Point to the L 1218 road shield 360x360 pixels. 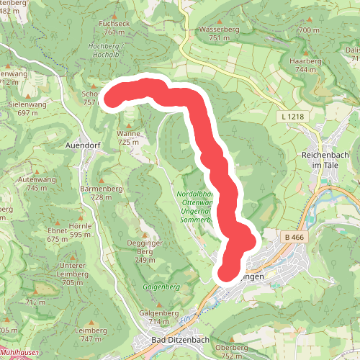[289, 116]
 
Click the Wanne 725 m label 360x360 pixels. [128, 138]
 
